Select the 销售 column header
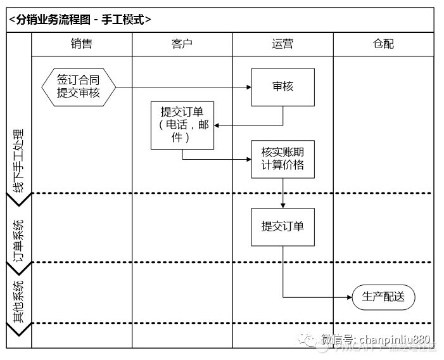[82, 44]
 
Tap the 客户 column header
[182, 44]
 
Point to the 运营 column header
[282, 44]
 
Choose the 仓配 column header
[383, 44]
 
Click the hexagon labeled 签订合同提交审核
[79, 87]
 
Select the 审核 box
[282, 87]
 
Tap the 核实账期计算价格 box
[282, 158]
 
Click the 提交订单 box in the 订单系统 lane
[282, 227]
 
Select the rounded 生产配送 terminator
[383, 297]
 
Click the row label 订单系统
[18, 241]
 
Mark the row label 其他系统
[18, 302]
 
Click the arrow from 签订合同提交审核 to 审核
[184, 87]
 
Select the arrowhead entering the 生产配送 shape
[348, 297]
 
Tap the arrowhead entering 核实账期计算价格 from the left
[248, 159]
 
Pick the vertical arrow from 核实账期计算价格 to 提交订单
[282, 192]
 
